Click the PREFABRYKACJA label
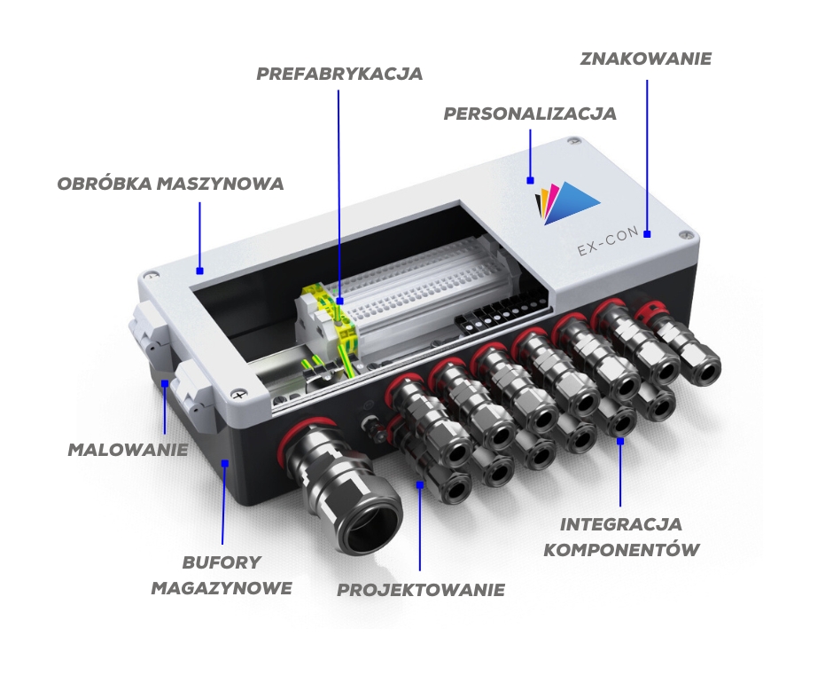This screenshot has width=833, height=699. (339, 74)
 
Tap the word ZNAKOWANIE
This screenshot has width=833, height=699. (645, 59)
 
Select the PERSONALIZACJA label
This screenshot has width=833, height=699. (530, 114)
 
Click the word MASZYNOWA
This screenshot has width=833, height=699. (221, 184)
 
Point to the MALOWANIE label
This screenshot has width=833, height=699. (128, 450)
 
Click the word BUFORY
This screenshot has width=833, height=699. (222, 562)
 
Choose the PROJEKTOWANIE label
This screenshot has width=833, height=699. (421, 590)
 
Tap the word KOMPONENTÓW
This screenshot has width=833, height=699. (621, 549)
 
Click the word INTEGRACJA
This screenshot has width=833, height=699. (621, 524)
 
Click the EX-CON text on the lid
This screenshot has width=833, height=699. (608, 242)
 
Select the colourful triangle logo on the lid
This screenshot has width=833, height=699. (567, 203)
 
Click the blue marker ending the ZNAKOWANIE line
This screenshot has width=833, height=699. (647, 234)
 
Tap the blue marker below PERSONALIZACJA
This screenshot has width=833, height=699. (530, 181)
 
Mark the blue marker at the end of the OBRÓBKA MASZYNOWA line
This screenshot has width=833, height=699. (199, 271)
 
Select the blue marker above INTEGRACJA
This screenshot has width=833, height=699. (620, 441)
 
